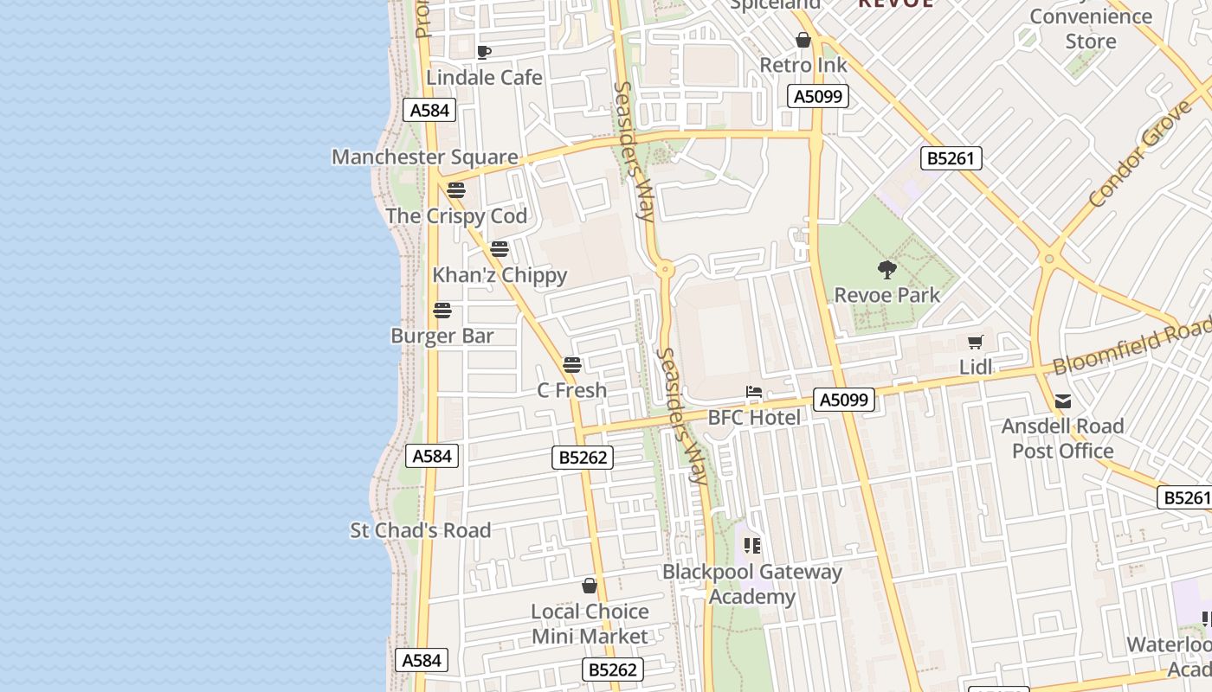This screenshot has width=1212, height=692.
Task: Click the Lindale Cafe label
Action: (x=484, y=77)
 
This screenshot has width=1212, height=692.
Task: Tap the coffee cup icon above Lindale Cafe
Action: (x=484, y=52)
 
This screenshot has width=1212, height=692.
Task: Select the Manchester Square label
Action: (x=424, y=157)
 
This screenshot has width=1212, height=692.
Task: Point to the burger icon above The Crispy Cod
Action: (x=456, y=190)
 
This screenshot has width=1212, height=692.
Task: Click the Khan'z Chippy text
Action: (x=500, y=275)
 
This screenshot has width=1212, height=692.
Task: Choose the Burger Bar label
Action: (x=442, y=336)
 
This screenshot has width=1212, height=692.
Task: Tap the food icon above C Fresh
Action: (x=572, y=365)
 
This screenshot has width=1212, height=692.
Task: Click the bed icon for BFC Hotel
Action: (x=754, y=393)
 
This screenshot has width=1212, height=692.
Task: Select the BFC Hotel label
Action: (x=754, y=417)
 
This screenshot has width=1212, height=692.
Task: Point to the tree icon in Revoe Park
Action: (x=886, y=270)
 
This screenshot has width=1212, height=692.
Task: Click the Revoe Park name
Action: (x=886, y=295)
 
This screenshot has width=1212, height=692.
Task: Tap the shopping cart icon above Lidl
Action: (x=976, y=343)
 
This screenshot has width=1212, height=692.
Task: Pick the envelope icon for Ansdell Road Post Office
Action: (x=1063, y=401)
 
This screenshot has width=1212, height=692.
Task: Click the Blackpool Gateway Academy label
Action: (x=751, y=584)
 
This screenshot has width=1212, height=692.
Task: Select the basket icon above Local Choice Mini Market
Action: (x=590, y=586)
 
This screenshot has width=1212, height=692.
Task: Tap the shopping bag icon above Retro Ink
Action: (x=803, y=40)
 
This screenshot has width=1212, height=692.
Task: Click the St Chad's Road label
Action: (x=420, y=530)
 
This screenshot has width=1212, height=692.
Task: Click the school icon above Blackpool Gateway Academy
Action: (x=752, y=546)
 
